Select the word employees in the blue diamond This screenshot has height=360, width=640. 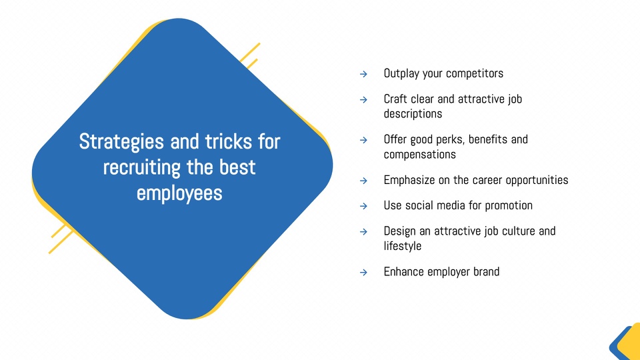[179, 194]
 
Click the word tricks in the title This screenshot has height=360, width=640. [228, 141]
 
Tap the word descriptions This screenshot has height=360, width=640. [413, 114]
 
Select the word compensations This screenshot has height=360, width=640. [419, 155]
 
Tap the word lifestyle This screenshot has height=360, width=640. [403, 246]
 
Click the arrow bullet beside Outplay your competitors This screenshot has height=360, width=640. [363, 74]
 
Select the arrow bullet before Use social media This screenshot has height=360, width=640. [363, 206]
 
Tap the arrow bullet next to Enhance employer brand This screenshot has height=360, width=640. [363, 272]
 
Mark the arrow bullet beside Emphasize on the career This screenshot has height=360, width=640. [363, 181]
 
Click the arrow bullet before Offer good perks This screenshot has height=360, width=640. [363, 140]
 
